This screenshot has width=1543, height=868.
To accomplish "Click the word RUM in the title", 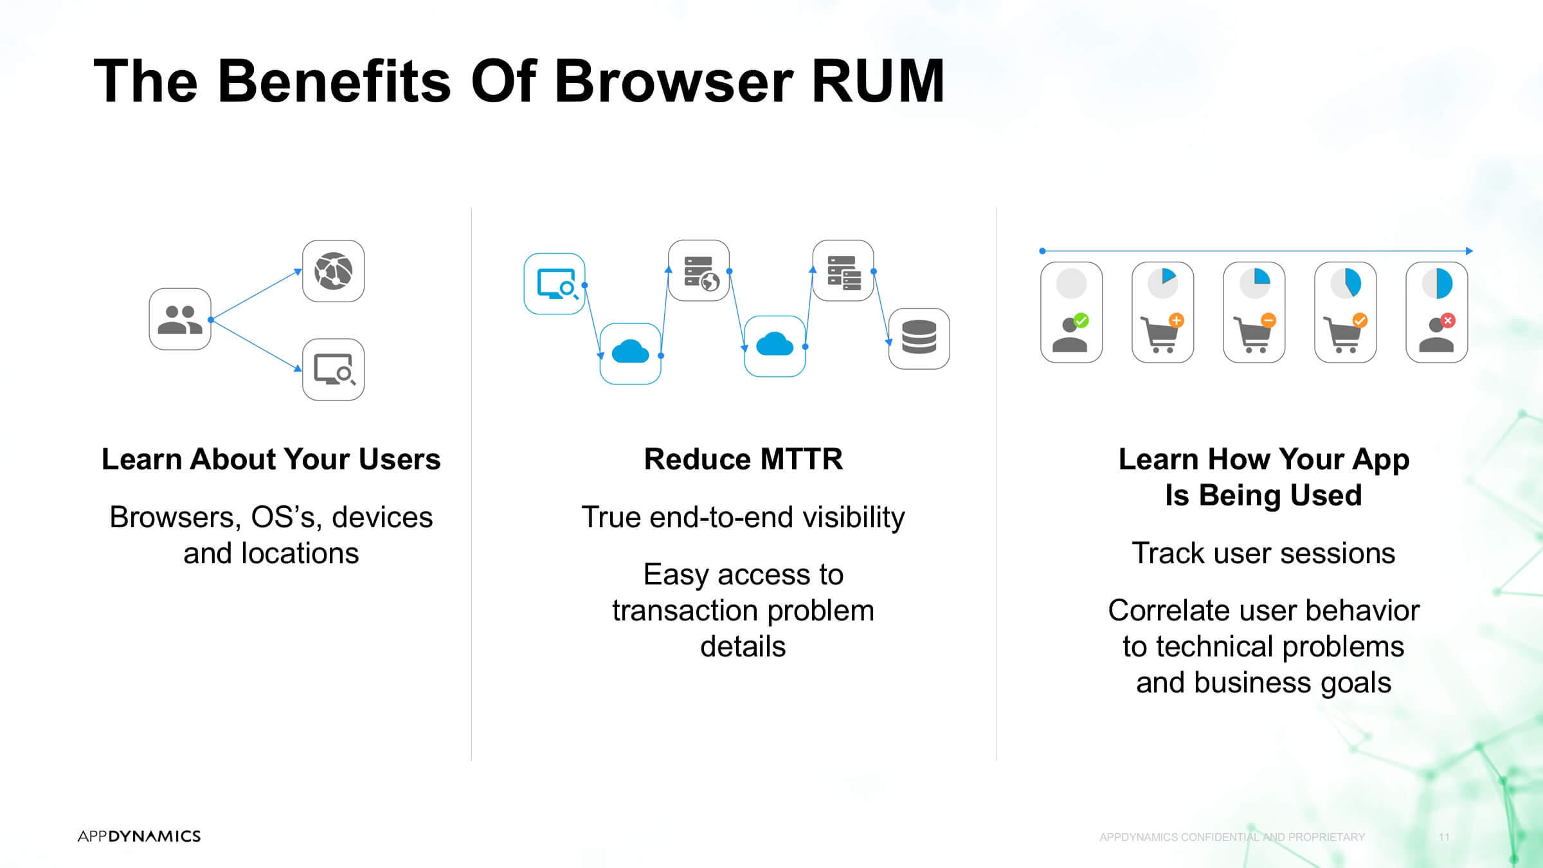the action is point(878,81).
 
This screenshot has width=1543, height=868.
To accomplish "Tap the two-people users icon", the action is point(180,319).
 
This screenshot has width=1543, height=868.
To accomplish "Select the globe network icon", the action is point(333,271).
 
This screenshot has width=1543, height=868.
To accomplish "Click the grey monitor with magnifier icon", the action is point(333,370).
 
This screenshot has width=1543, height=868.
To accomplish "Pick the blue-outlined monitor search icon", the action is point(554,284).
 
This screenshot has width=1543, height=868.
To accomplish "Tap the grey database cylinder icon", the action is point(919,338).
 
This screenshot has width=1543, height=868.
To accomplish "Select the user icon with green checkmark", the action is point(1070,332).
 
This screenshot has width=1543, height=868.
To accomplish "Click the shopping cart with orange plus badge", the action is point(1162,333).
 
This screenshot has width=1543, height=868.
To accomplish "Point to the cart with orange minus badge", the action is point(1254,333).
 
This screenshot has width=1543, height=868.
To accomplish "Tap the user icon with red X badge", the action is point(1437,332).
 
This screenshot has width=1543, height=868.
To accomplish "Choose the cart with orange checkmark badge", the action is point(1345,333).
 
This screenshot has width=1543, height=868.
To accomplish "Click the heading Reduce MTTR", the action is point(743,459).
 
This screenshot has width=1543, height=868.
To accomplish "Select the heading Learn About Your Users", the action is point(271,459).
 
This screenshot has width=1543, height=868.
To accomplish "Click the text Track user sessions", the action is point(1263,553).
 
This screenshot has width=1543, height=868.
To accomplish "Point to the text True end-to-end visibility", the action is point(743,518).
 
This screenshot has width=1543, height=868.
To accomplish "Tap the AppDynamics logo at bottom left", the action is point(139,836).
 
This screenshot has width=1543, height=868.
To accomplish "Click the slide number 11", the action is point(1444,837).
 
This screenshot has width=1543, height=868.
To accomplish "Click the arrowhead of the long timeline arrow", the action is point(1469,251).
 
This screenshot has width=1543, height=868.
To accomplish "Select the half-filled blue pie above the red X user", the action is point(1437,284).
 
